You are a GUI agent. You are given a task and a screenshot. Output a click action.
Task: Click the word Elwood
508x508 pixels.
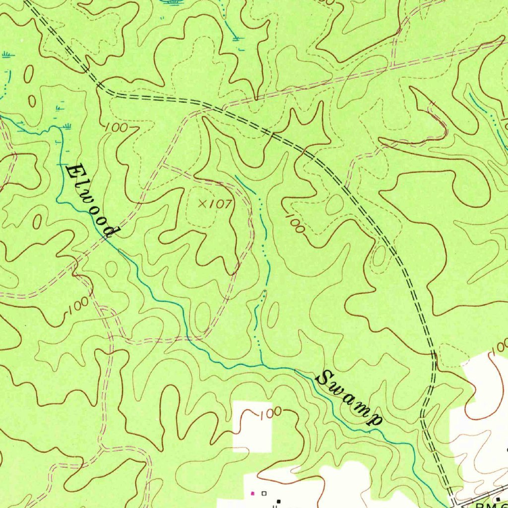[x=92, y=200]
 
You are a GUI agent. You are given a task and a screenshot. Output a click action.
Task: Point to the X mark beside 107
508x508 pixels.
[x=202, y=203]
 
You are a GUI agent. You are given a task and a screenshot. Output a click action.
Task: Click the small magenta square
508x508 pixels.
[x=253, y=493]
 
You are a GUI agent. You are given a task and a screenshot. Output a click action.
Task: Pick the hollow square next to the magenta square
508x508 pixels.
[x=264, y=493]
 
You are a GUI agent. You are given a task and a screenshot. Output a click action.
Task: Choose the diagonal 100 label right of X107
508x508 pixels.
[x=295, y=223]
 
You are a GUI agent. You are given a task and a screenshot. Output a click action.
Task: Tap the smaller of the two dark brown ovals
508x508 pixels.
[x=32, y=101]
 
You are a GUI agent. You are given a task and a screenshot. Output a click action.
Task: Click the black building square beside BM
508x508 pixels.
[x=498, y=498]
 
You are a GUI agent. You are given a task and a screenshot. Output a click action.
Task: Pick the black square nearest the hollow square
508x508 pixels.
[x=278, y=501]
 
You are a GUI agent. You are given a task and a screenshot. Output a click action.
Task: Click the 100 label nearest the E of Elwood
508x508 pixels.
[x=116, y=128]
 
